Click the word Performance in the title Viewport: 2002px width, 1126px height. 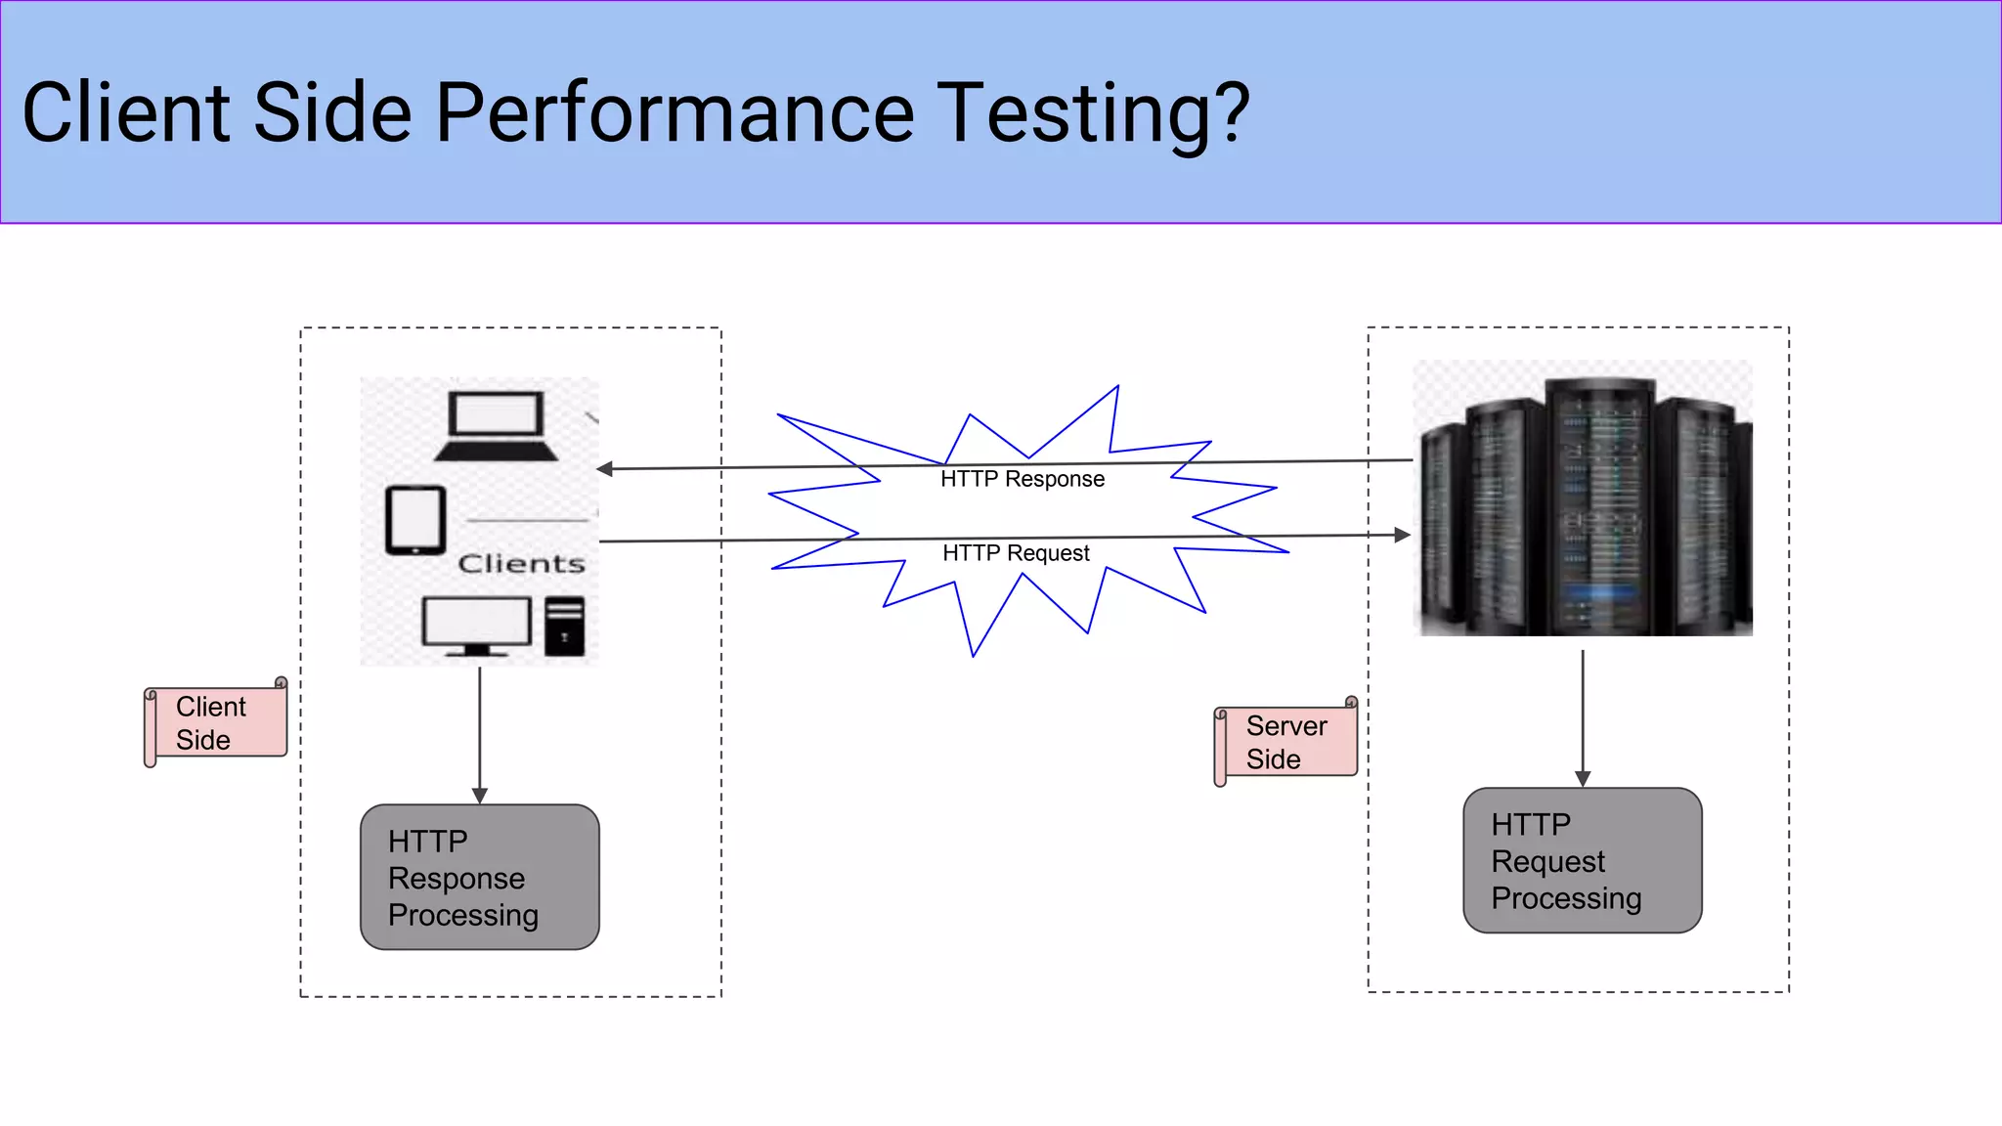coord(675,113)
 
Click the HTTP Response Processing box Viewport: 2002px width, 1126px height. coord(479,877)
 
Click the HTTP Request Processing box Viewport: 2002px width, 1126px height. coord(1582,860)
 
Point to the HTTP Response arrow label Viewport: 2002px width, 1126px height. coord(1022,479)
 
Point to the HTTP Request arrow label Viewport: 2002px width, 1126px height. coord(1016,553)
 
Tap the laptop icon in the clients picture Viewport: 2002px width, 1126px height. coord(496,426)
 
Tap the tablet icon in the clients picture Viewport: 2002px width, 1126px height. coord(415,520)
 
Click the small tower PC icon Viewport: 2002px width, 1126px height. coord(564,626)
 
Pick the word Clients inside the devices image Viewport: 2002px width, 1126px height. coord(521,564)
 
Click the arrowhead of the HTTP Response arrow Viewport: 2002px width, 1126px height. coord(606,469)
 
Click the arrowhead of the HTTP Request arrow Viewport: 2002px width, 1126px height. coord(1402,535)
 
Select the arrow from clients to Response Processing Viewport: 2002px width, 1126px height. coord(479,733)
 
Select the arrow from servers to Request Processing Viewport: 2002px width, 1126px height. coord(1583,718)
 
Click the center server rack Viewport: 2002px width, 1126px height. coord(1599,503)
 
